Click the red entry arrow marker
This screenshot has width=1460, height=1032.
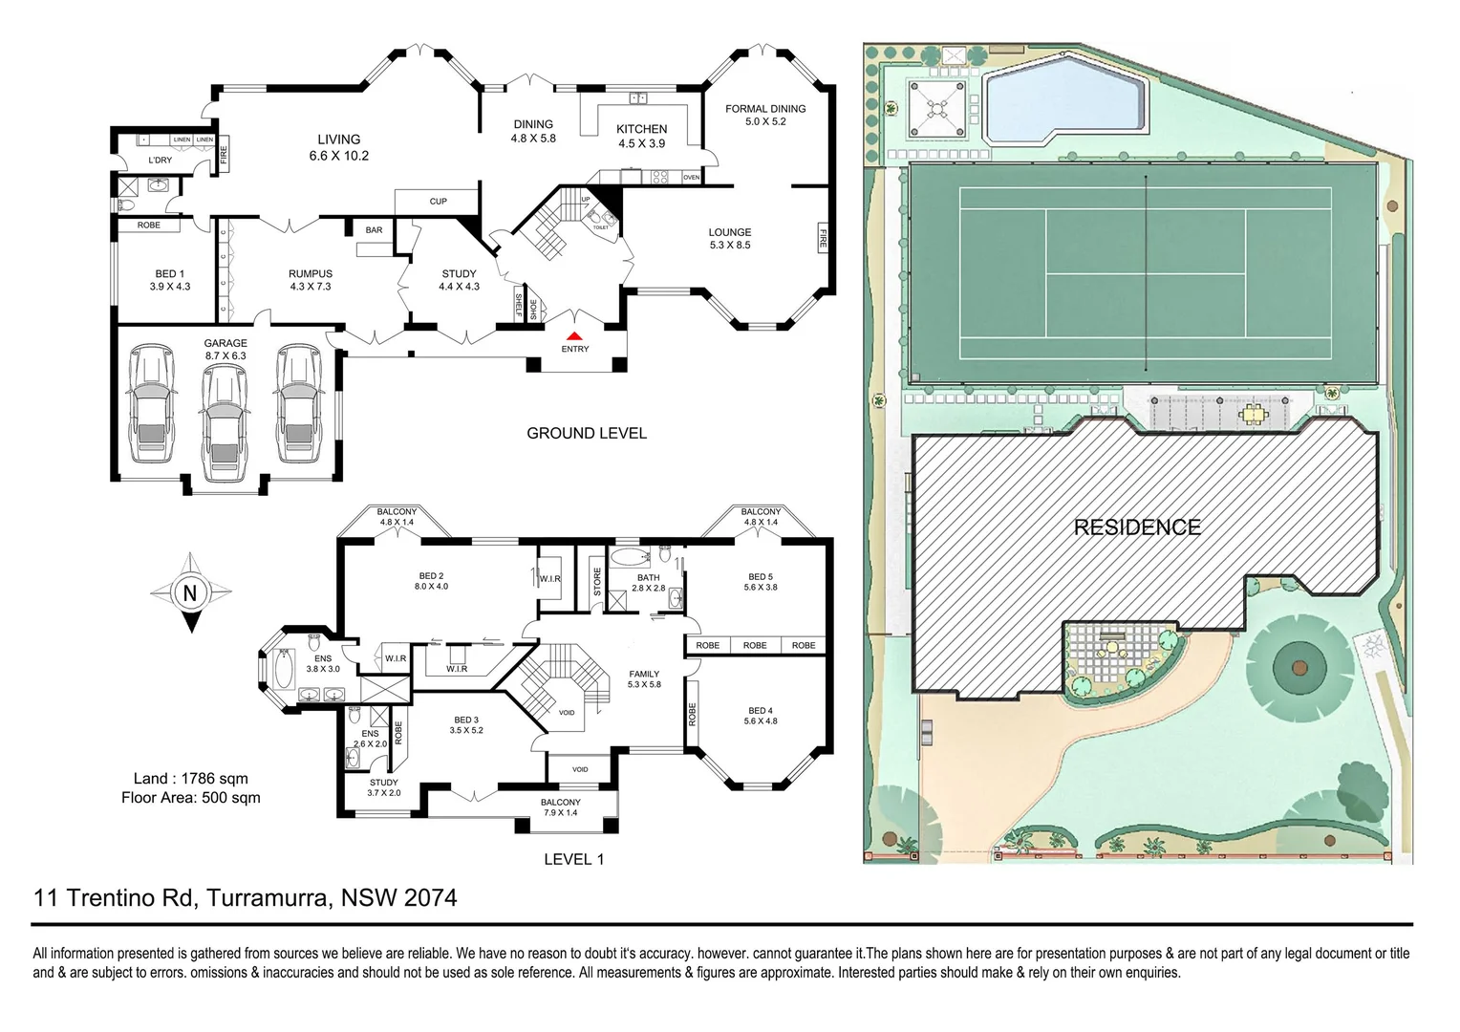574,336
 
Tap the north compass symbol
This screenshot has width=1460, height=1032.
190,593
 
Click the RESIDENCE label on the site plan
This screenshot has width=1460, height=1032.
1137,527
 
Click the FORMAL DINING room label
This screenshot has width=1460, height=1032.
765,115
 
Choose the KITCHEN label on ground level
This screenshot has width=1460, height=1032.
641,136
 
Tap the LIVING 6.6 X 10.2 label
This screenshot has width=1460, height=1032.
338,147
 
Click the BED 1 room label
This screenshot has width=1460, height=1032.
169,280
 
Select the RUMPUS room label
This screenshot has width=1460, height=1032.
310,280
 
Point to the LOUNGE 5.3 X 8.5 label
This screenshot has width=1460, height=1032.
730,238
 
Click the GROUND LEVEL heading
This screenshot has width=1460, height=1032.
587,433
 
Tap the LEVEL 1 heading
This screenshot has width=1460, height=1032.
573,859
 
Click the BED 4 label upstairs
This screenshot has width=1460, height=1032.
761,716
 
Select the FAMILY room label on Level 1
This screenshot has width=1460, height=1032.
644,679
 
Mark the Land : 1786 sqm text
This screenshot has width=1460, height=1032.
190,779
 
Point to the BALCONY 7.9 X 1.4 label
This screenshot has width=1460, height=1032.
561,807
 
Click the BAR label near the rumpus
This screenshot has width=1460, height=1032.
374,230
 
